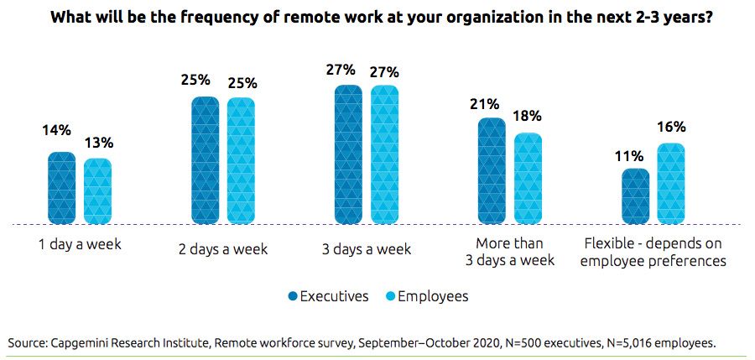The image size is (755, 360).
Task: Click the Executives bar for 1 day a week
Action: tap(62, 188)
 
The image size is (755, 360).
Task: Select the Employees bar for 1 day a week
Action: tap(97, 191)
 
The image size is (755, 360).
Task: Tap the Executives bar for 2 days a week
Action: tap(206, 160)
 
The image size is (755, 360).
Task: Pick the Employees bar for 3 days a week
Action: tap(384, 155)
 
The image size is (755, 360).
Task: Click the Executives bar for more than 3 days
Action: tap(492, 171)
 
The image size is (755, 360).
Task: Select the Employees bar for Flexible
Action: tap(670, 184)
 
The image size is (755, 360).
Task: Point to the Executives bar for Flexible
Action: tap(635, 196)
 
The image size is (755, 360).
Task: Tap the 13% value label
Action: tap(98, 142)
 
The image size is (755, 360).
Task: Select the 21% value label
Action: tap(486, 104)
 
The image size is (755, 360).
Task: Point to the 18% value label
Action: tap(528, 117)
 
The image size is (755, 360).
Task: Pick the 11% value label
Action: tap(628, 155)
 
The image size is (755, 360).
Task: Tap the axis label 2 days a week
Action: tap(223, 249)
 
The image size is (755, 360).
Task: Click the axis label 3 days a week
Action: tap(367, 249)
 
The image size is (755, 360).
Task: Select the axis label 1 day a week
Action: tap(81, 245)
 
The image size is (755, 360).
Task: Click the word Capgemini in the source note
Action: tap(79, 342)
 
